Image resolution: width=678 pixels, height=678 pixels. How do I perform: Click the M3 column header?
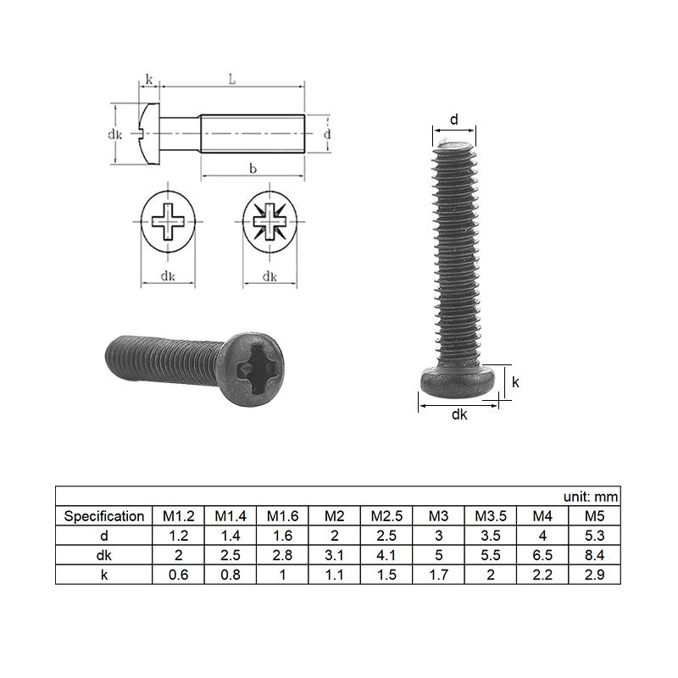437,516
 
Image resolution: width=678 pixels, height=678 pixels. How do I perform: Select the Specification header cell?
103,516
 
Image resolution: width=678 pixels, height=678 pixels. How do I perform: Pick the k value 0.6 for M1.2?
178,575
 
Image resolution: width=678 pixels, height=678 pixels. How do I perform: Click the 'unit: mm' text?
591,497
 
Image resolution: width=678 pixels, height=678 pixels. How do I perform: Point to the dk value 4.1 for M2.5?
386,555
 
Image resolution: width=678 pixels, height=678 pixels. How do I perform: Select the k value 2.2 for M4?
542,575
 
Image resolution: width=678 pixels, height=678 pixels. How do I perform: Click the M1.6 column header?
282,516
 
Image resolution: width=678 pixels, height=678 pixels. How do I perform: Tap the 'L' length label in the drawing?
231,79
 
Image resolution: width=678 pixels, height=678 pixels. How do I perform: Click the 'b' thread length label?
252,169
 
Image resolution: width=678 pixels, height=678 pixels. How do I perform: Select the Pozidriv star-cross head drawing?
270,224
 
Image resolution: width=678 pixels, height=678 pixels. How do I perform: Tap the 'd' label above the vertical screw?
453,120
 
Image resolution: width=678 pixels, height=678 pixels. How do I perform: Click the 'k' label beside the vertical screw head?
515,382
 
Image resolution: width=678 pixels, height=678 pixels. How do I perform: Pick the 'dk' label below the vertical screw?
458,414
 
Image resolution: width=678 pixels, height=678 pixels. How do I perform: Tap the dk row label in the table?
103,555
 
